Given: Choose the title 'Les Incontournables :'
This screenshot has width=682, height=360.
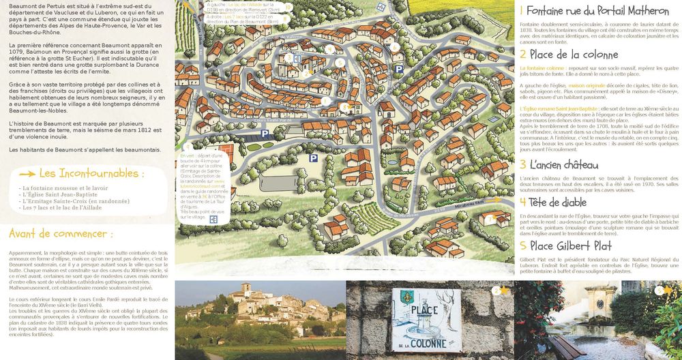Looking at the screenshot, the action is coord(91,173).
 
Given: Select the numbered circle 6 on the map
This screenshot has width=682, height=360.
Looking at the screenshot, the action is coord(394,48).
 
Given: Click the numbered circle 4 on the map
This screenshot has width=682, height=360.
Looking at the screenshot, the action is coord(329,49).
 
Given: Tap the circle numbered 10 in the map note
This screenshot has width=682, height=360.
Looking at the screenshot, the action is coord(288,7).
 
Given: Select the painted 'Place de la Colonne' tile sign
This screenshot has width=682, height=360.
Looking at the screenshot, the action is coord(419,320).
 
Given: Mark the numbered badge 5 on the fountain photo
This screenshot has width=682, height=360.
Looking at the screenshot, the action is coord(659,290).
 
